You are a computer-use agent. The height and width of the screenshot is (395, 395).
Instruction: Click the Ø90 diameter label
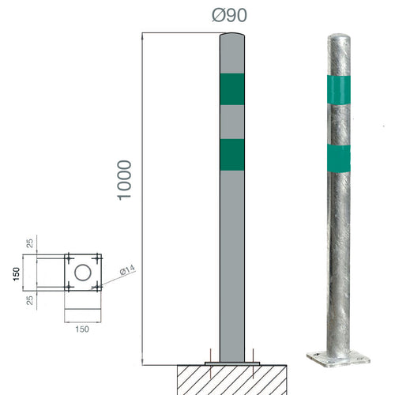click(229, 15)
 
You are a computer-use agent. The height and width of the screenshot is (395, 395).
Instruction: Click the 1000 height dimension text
click(124, 180)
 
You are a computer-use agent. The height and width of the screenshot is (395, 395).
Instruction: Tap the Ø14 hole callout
click(127, 270)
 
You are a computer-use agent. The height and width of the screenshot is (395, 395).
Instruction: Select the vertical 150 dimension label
click(17, 274)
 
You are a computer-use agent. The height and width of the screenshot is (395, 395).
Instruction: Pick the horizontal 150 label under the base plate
click(82, 329)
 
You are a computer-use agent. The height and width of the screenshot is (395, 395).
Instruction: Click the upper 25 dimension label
click(30, 243)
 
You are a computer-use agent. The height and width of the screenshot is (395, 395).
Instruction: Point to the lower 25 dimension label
click(30, 300)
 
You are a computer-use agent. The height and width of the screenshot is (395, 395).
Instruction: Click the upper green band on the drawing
click(232, 89)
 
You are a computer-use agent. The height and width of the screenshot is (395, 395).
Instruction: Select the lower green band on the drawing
click(232, 155)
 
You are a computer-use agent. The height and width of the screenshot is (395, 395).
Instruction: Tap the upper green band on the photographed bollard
click(339, 90)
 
